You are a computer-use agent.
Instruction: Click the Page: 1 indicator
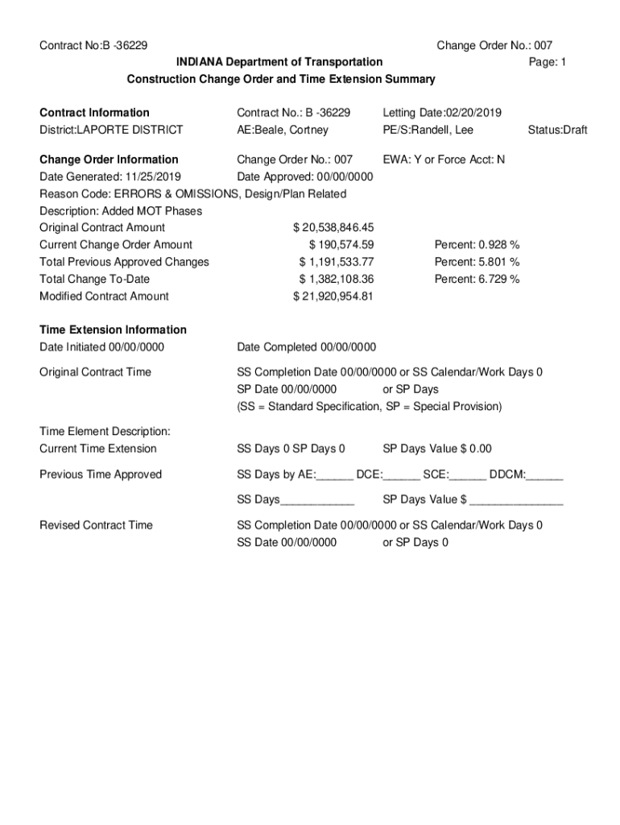[548, 62]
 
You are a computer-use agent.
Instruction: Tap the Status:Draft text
[557, 130]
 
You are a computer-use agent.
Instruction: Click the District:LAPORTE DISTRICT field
[111, 130]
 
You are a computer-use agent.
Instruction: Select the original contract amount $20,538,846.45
[333, 228]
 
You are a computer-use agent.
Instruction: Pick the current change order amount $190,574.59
[341, 245]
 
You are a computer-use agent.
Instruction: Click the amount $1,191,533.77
[337, 262]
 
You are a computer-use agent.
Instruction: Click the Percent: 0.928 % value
[477, 245]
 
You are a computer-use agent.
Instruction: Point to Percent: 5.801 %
[477, 262]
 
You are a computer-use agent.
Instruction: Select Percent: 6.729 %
[477, 279]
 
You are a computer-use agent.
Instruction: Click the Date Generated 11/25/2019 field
[110, 176]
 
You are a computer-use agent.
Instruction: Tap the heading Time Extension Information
[113, 330]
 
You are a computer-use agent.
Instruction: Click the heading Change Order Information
[109, 160]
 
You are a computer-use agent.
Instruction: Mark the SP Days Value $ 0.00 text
[437, 449]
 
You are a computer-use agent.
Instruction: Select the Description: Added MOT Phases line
[121, 211]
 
